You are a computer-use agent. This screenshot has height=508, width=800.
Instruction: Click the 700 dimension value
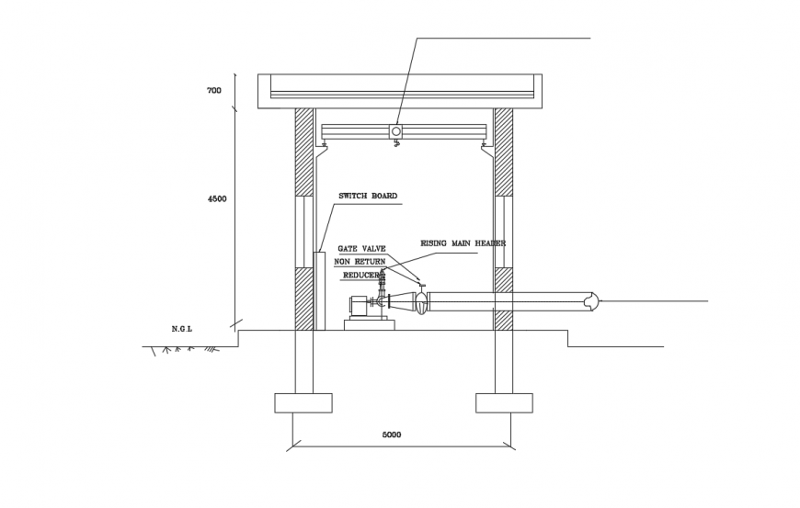pos(214,91)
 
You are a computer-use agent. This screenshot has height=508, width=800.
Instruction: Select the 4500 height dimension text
pos(217,198)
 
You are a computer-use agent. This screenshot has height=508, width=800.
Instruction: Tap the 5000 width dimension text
pos(392,435)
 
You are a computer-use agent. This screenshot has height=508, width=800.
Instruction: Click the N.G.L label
pos(181,328)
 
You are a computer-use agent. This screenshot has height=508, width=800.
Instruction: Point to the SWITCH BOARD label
pos(368,197)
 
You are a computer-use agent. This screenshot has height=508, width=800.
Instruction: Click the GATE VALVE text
pos(361,249)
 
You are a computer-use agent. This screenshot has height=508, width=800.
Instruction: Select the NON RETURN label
pos(360,262)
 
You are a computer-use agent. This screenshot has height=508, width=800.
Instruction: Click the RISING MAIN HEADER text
pos(463,243)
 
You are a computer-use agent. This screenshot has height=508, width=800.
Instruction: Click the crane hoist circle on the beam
pos(396,132)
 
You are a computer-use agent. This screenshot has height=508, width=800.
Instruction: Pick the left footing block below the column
pos(303,402)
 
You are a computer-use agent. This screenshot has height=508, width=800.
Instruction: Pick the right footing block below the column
pos(504,402)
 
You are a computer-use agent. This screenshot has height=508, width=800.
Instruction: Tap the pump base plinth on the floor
pos(369,324)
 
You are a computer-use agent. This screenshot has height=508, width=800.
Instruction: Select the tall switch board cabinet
pos(319,290)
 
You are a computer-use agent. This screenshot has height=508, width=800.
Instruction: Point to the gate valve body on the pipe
pos(421,301)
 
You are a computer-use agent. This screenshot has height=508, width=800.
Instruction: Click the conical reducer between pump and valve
pos(402,301)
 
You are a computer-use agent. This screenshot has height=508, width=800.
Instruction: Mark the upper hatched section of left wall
pos(303,152)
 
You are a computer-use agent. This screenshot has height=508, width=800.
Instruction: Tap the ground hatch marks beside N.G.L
pos(184,350)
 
